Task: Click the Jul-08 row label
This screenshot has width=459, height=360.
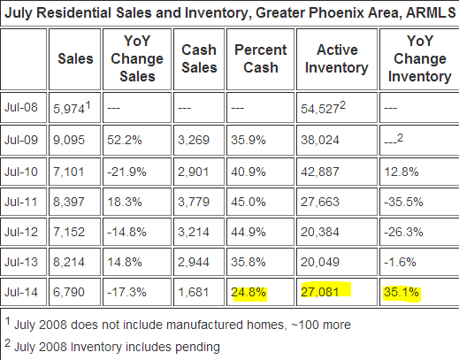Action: point(21,107)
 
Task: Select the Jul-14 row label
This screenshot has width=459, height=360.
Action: point(21,292)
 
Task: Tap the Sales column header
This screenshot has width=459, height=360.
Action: point(75,58)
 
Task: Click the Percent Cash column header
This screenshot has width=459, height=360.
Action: point(261,58)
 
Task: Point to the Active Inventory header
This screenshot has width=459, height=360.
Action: point(337,58)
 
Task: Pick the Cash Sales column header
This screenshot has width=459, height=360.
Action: point(199,58)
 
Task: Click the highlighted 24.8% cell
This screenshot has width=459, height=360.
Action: point(249,292)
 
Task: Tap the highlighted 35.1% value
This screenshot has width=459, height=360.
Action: point(402,292)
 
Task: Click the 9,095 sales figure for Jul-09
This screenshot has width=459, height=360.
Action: point(69,140)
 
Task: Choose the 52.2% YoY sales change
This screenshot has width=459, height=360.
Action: point(125,140)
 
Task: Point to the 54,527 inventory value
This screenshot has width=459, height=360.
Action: point(323,108)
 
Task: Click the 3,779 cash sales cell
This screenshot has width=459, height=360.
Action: point(194,202)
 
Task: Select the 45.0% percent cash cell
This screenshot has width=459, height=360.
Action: point(249,202)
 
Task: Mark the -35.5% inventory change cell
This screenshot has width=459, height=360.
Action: point(403,202)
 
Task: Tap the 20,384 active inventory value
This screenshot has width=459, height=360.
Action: point(320,232)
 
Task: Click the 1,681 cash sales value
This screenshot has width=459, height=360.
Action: point(194,292)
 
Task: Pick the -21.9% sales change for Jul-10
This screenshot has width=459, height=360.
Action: point(126,172)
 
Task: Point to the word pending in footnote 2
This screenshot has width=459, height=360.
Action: point(197,347)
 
